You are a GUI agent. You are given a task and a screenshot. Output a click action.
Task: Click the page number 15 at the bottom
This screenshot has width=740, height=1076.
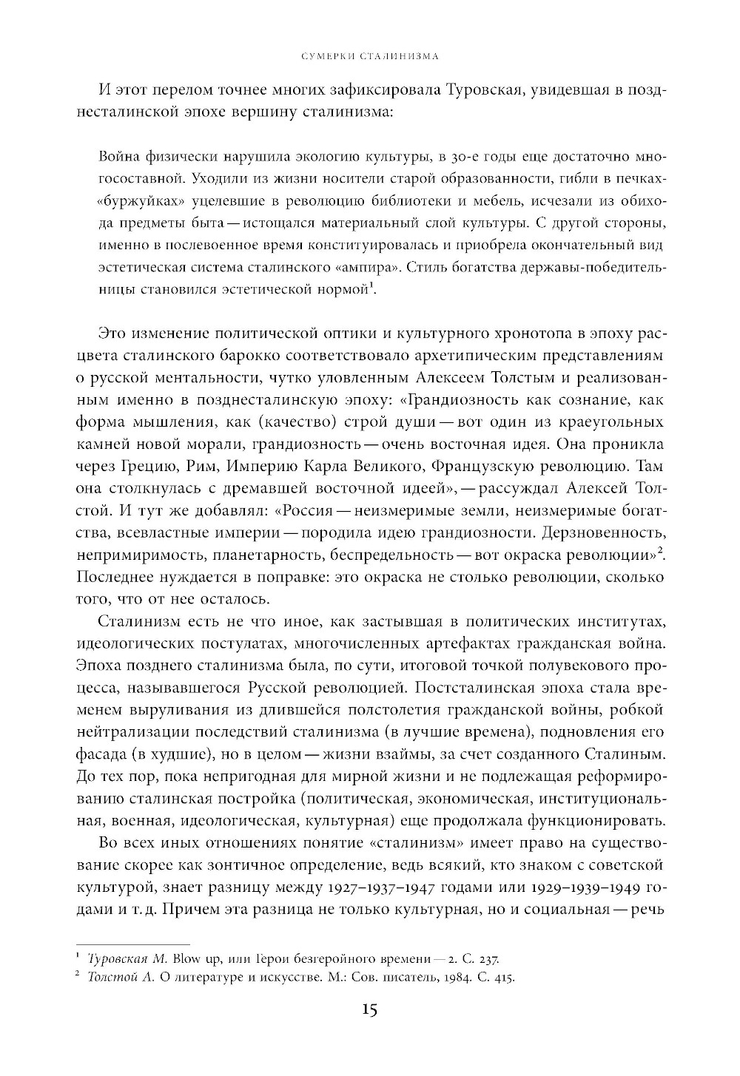[370, 1009]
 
